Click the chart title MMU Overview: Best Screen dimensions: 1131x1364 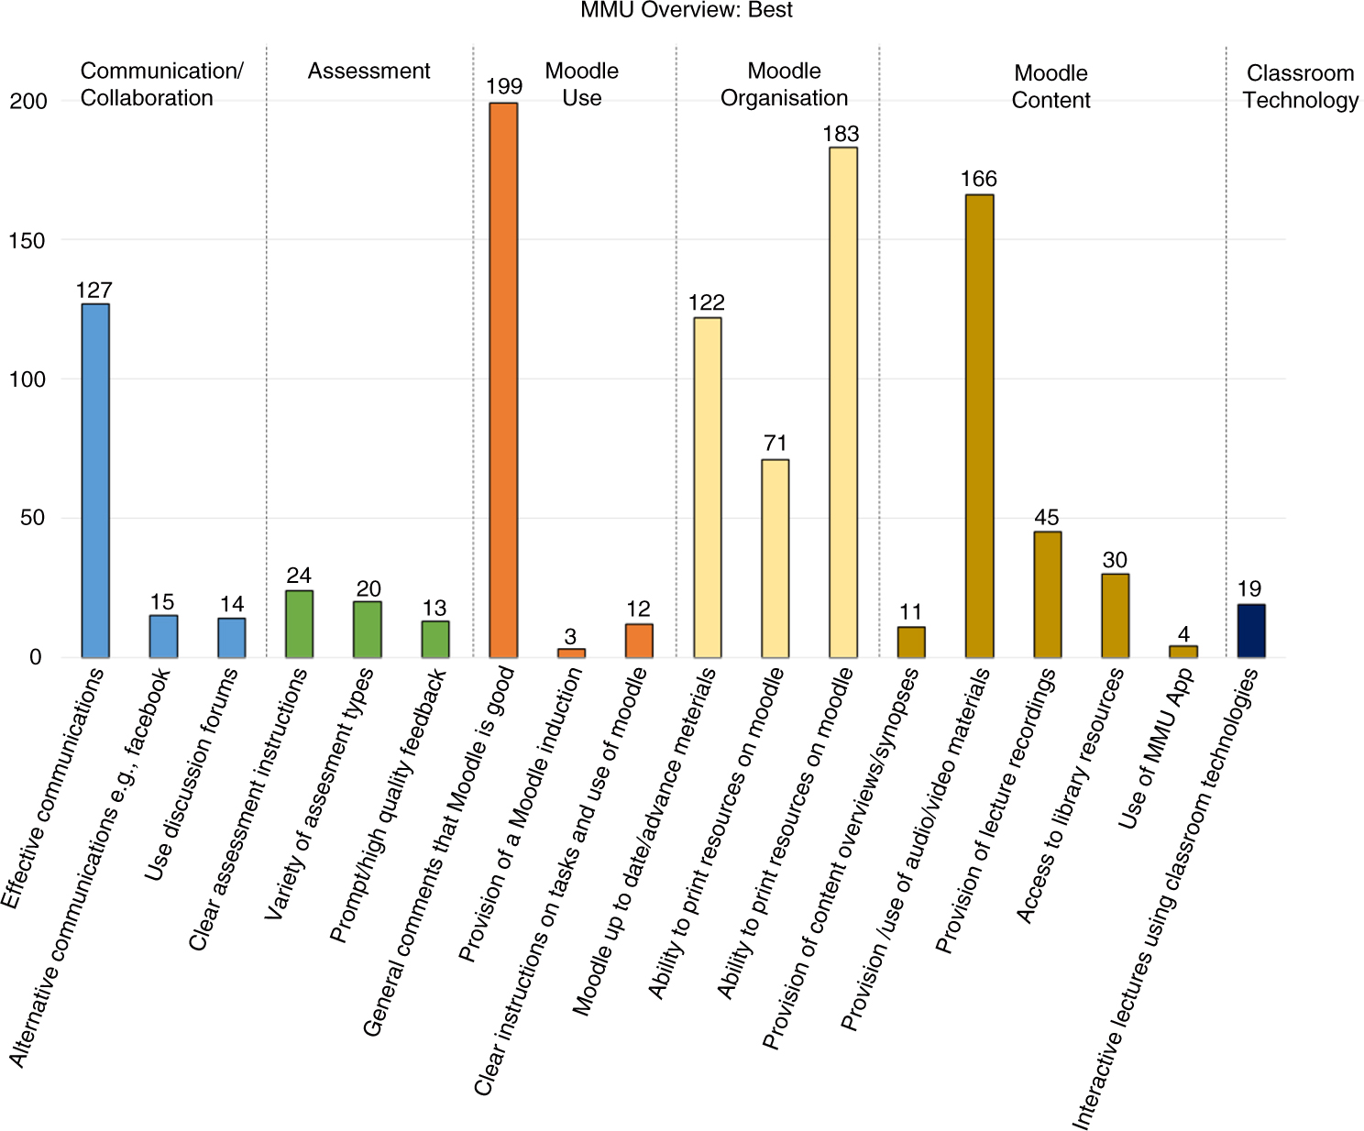pos(687,11)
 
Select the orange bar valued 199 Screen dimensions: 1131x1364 pos(503,379)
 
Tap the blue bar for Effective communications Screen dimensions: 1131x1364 pos(95,480)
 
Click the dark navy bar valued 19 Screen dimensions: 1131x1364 pos(1251,631)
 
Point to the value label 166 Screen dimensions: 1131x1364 pos(979,180)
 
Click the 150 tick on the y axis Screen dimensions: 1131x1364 pos(27,241)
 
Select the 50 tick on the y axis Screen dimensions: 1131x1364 pos(33,519)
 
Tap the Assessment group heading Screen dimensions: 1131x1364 pos(368,71)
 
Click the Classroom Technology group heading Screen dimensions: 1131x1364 pos(1300,87)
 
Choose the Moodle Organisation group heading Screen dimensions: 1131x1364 pos(784,84)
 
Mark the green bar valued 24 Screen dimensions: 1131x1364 pos(300,624)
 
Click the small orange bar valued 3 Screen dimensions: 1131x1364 pos(571,653)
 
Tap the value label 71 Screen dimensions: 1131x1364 pos(775,444)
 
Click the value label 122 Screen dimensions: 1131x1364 pos(707,302)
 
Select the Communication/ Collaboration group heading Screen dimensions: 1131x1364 pos(161,84)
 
